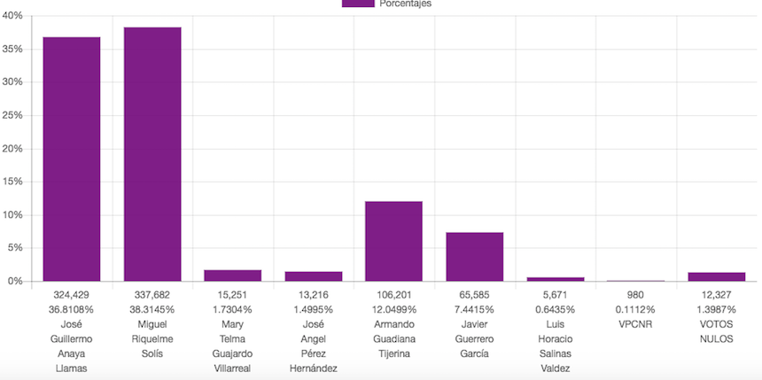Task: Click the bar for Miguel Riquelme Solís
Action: coord(152,154)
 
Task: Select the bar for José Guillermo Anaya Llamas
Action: coord(72,159)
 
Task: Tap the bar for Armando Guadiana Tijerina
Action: coord(394,241)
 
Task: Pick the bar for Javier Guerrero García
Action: coord(475,257)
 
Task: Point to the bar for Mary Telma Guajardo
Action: coord(233,275)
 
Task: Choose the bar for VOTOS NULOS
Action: coord(717,276)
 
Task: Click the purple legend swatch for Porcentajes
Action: coord(357,4)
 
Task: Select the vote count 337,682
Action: coord(152,295)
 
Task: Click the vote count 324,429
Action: coord(72,295)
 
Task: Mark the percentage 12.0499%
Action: coord(394,309)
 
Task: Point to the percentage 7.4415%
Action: coord(475,309)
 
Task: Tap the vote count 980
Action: coord(636,295)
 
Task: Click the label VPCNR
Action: coord(636,324)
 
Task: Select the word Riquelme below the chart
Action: coord(152,338)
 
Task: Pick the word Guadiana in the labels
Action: coord(394,338)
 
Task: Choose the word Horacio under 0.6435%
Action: coord(556,338)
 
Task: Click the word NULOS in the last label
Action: coord(717,338)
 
